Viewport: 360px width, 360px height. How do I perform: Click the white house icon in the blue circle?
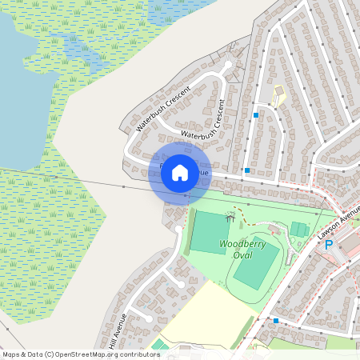180,172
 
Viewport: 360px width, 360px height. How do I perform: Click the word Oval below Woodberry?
242,254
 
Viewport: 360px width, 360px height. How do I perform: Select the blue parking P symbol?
328,244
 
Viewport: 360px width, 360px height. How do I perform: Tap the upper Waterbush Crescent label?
163,108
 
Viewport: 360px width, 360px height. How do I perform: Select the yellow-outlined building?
278,97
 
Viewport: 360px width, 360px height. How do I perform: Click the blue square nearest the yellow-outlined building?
256,115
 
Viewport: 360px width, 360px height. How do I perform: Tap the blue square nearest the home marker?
247,170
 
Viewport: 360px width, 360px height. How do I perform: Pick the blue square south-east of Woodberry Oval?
275,320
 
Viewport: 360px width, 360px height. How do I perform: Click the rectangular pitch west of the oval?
210,233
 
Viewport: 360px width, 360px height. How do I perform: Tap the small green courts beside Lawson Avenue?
298,230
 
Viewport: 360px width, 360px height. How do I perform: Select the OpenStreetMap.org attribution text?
104,354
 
